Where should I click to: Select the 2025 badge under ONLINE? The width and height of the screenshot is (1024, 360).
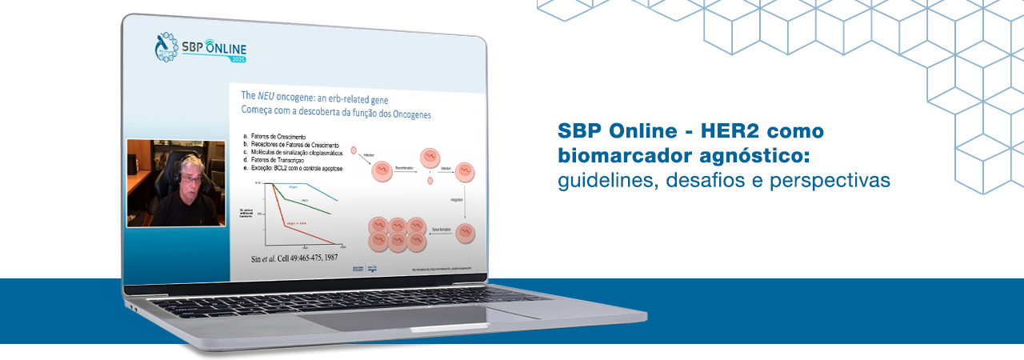tap(238, 59)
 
